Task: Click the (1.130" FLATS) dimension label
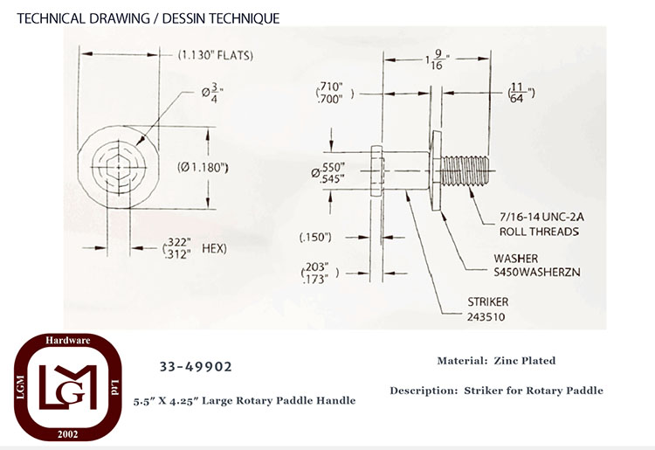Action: pos(216,55)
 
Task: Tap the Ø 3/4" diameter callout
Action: pos(212,93)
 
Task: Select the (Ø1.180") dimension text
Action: pos(203,167)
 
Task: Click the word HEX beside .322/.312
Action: pos(214,249)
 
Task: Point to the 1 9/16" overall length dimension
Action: pos(437,59)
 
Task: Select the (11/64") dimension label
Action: pos(521,93)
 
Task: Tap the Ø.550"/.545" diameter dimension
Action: pos(328,173)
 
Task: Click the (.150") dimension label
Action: pos(315,238)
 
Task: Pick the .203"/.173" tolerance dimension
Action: pos(320,273)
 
